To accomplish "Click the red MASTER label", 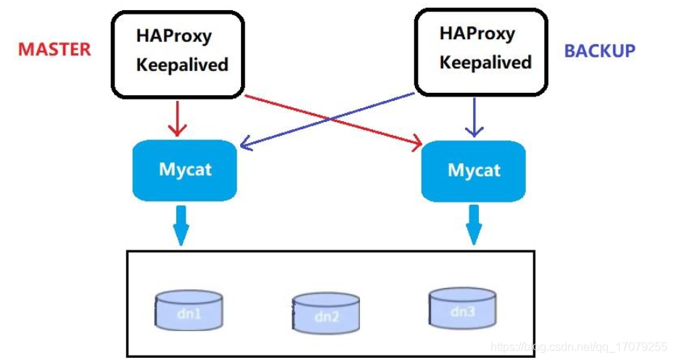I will coord(54,49).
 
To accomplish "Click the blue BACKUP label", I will coord(599,51).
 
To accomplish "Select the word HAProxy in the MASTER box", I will coord(173,36).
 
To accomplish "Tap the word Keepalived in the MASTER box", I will coord(182,65).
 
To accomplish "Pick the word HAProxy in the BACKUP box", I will coord(477,33).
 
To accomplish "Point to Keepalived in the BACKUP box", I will coord(485,62).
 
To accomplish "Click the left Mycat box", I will coord(185,171).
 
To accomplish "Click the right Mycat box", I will coord(474,171).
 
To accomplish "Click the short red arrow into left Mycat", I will coord(176,119).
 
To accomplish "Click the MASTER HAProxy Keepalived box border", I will coord(112,54).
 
